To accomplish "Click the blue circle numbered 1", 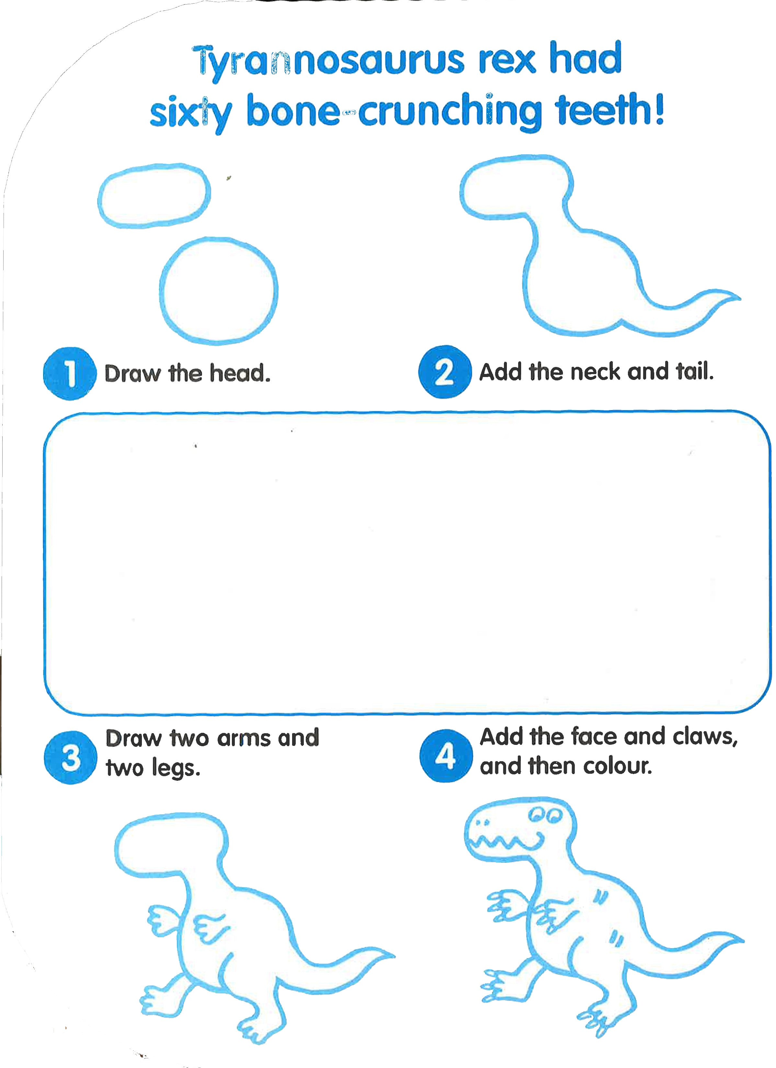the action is click(x=70, y=373).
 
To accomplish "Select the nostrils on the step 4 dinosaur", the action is click(x=483, y=823).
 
